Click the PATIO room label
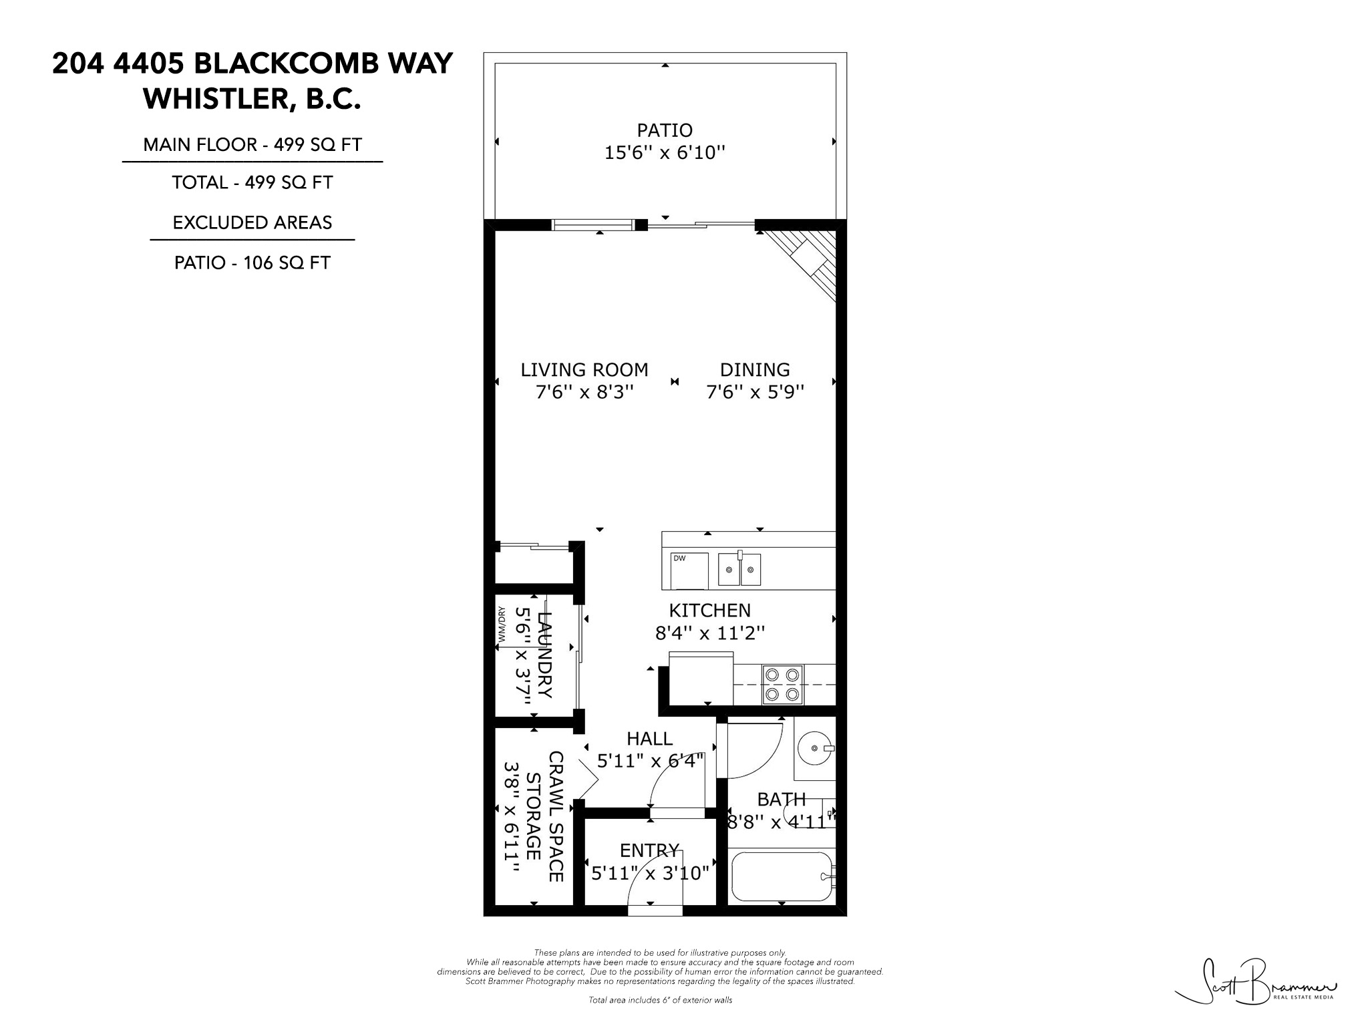click(664, 130)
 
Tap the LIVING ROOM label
click(584, 369)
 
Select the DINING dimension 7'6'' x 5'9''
click(755, 391)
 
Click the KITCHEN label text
click(709, 610)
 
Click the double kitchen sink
click(739, 570)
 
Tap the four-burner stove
click(783, 684)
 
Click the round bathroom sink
click(815, 748)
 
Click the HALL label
click(649, 738)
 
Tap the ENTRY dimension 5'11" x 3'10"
click(649, 872)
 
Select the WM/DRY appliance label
click(501, 626)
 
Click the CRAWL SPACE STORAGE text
click(544, 816)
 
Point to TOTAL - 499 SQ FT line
click(252, 182)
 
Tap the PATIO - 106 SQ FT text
click(252, 263)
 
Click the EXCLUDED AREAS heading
click(252, 222)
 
